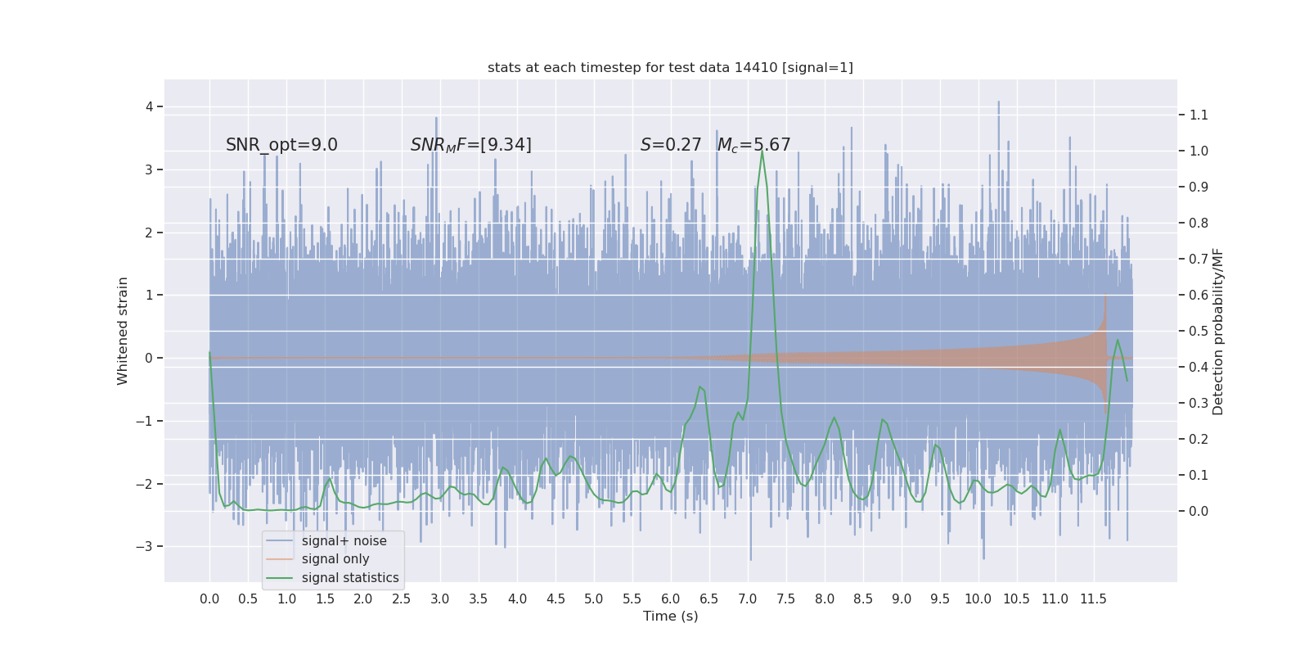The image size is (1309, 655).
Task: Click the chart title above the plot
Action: click(x=670, y=68)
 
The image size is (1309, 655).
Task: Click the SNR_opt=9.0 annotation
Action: click(x=281, y=145)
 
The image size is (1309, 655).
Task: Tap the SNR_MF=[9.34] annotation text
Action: click(x=470, y=145)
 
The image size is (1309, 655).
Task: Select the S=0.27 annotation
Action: click(x=671, y=145)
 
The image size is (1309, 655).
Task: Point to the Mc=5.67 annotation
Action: click(x=753, y=145)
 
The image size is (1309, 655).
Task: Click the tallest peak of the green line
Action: click(x=762, y=151)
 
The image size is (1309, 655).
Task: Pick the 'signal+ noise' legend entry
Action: click(x=344, y=541)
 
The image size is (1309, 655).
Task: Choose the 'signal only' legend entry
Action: click(x=335, y=559)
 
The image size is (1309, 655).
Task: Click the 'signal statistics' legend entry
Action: click(x=350, y=578)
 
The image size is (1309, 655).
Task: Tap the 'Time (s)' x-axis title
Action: click(x=670, y=617)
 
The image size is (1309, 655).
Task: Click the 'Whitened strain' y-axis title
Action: click(x=123, y=331)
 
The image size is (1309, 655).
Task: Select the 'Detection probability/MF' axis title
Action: click(x=1218, y=332)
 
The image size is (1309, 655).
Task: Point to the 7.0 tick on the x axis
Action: click(x=748, y=599)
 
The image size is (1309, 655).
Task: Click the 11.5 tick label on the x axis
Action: click(x=1093, y=599)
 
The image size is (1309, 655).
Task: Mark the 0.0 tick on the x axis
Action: click(x=209, y=599)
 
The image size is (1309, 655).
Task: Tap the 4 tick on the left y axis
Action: click(x=150, y=107)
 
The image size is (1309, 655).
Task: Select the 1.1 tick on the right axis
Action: click(x=1199, y=115)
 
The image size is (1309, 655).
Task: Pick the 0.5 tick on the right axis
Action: click(x=1199, y=332)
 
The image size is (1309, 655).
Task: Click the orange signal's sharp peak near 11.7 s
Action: click(x=1105, y=296)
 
